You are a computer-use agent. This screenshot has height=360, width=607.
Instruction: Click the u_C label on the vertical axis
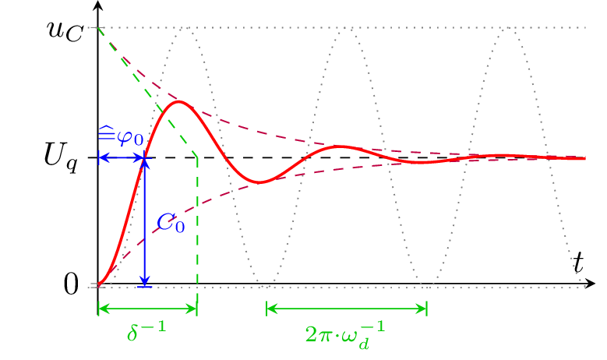coord(64,30)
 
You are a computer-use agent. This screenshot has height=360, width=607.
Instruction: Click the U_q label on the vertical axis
coord(60,158)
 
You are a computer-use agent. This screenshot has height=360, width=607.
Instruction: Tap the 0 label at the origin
coord(70,284)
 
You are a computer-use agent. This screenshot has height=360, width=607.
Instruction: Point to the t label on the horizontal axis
coord(578,263)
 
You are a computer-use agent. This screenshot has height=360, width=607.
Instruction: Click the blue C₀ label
coord(171,224)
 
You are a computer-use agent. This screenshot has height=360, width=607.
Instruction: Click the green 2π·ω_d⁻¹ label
coord(346,334)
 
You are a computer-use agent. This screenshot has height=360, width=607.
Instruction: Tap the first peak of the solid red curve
coord(178,101)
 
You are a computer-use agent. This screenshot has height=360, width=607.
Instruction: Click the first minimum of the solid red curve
coord(260,182)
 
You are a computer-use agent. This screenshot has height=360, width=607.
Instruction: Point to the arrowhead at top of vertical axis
coord(97,5)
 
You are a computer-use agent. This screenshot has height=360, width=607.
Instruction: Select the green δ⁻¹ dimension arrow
coord(147,309)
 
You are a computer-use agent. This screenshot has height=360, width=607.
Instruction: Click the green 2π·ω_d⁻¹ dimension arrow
coord(347,309)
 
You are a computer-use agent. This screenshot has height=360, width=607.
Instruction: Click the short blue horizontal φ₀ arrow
coord(121,158)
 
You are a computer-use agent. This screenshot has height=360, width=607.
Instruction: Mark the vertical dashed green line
coord(197,226)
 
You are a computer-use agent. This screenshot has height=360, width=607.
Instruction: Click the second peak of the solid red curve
coord(341,146)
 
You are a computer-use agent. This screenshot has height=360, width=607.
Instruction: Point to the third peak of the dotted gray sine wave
coord(508,28)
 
